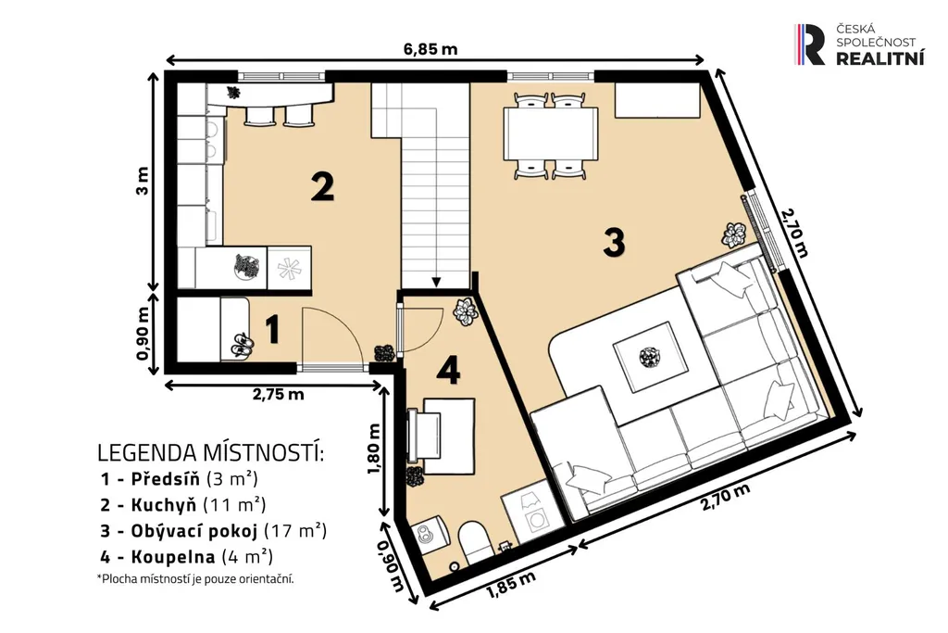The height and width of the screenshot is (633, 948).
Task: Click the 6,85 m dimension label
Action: coord(430,48)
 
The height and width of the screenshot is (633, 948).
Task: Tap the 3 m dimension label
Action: coord(142,181)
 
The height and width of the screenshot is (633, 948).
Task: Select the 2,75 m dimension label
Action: coord(278,395)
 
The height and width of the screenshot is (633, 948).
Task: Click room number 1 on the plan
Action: coord(273,330)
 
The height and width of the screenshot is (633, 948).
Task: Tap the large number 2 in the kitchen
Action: coord(322,186)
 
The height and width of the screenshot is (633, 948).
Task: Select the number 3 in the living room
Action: coord(614,242)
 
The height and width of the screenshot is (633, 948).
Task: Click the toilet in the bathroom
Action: coord(475,543)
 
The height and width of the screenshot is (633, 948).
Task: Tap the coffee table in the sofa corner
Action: coord(650,357)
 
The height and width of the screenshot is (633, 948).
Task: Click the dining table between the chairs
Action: coord(551,133)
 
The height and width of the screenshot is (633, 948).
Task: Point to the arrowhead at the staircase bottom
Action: coord(436,282)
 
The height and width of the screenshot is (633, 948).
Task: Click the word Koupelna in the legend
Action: coord(173,557)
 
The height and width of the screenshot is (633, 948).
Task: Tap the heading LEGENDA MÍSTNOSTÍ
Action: coord(210,452)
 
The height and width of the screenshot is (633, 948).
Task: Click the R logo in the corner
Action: coord(809,44)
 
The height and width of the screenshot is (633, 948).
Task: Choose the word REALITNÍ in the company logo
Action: coord(879,58)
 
